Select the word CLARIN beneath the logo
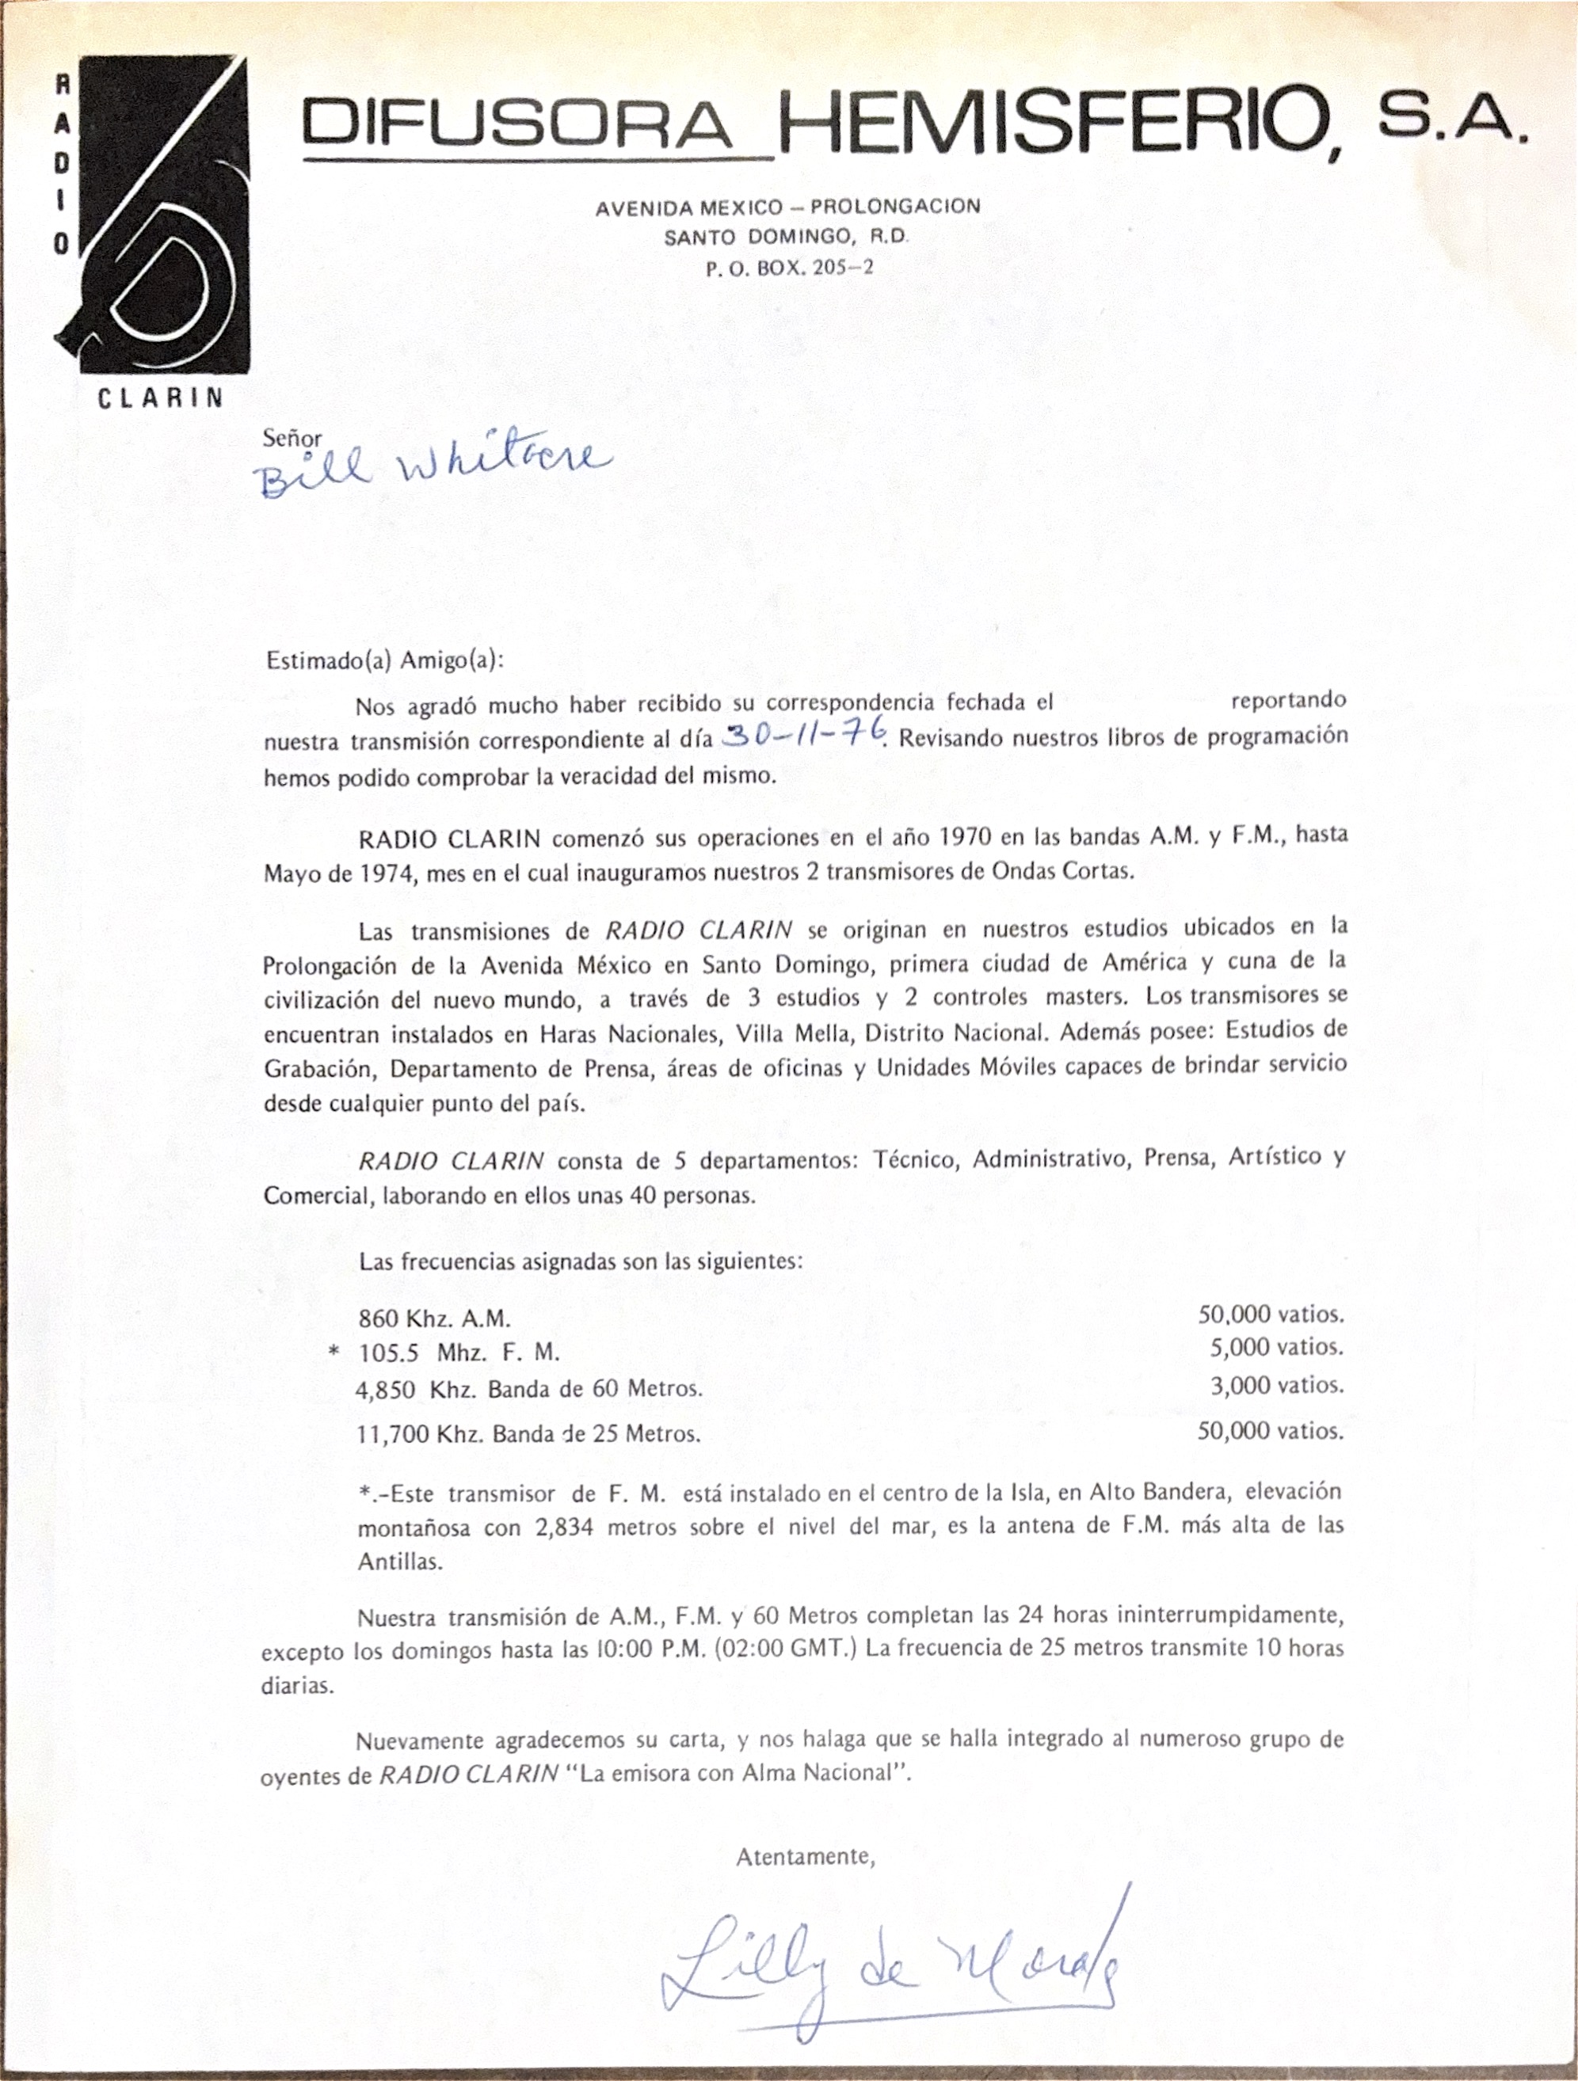pos(161,398)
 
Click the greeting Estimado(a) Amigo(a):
pos(385,660)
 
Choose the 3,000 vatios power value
pos(1276,1386)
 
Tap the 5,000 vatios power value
pos(1276,1348)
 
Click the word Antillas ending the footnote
pos(399,1562)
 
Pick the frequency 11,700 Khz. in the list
pos(406,1435)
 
